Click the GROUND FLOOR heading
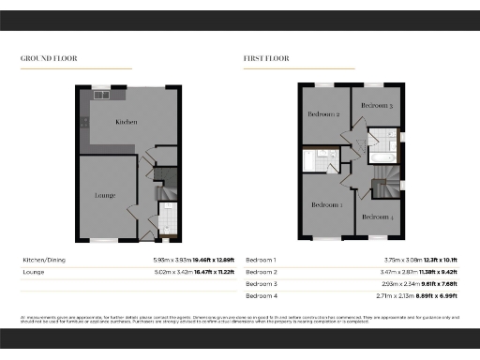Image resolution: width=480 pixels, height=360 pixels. [x=49, y=58]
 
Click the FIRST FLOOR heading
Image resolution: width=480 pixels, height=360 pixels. [x=267, y=58]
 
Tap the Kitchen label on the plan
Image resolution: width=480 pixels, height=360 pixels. [x=127, y=123]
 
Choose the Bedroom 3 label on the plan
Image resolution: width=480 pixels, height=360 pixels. [x=378, y=107]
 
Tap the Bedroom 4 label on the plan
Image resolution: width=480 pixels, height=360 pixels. [x=379, y=217]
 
